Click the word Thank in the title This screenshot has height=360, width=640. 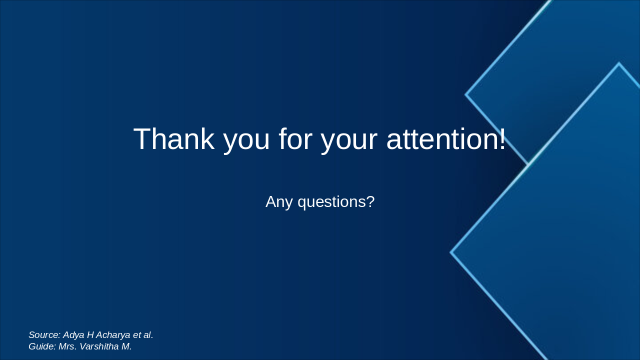173,139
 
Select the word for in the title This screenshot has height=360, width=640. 293,139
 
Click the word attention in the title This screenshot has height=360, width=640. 441,139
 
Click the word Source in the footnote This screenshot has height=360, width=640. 44,335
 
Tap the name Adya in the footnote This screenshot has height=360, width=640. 73,335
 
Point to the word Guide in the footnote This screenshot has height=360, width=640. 41,346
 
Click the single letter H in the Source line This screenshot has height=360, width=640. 90,335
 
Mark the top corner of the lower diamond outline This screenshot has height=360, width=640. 618,63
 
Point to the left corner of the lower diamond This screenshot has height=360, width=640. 451,252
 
